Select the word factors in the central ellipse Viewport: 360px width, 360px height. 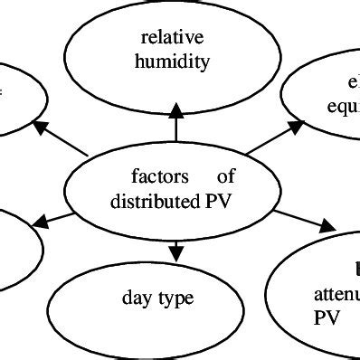click(x=159, y=177)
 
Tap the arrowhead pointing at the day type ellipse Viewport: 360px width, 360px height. click(x=175, y=247)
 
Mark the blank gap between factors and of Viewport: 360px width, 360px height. click(x=204, y=177)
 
